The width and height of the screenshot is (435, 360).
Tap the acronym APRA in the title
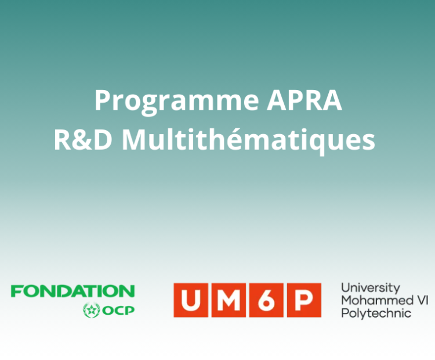pyautogui.click(x=304, y=100)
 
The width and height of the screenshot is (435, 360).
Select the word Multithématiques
pyautogui.click(x=249, y=139)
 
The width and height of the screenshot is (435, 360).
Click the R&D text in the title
pyautogui.click(x=83, y=140)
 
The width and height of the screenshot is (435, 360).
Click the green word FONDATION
pyautogui.click(x=72, y=291)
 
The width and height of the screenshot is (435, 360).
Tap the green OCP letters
pyautogui.click(x=118, y=310)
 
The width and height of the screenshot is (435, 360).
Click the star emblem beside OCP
pyautogui.click(x=91, y=310)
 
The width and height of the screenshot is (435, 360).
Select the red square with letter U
pyautogui.click(x=191, y=300)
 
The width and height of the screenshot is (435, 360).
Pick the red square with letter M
pyautogui.click(x=229, y=300)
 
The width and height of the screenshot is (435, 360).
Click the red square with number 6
pyautogui.click(x=266, y=300)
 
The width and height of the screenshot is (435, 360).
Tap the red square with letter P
pyautogui.click(x=304, y=300)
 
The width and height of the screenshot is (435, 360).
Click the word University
pyautogui.click(x=371, y=289)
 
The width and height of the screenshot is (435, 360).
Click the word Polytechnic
pyautogui.click(x=376, y=314)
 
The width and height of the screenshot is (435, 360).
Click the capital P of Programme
pyautogui.click(x=103, y=100)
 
